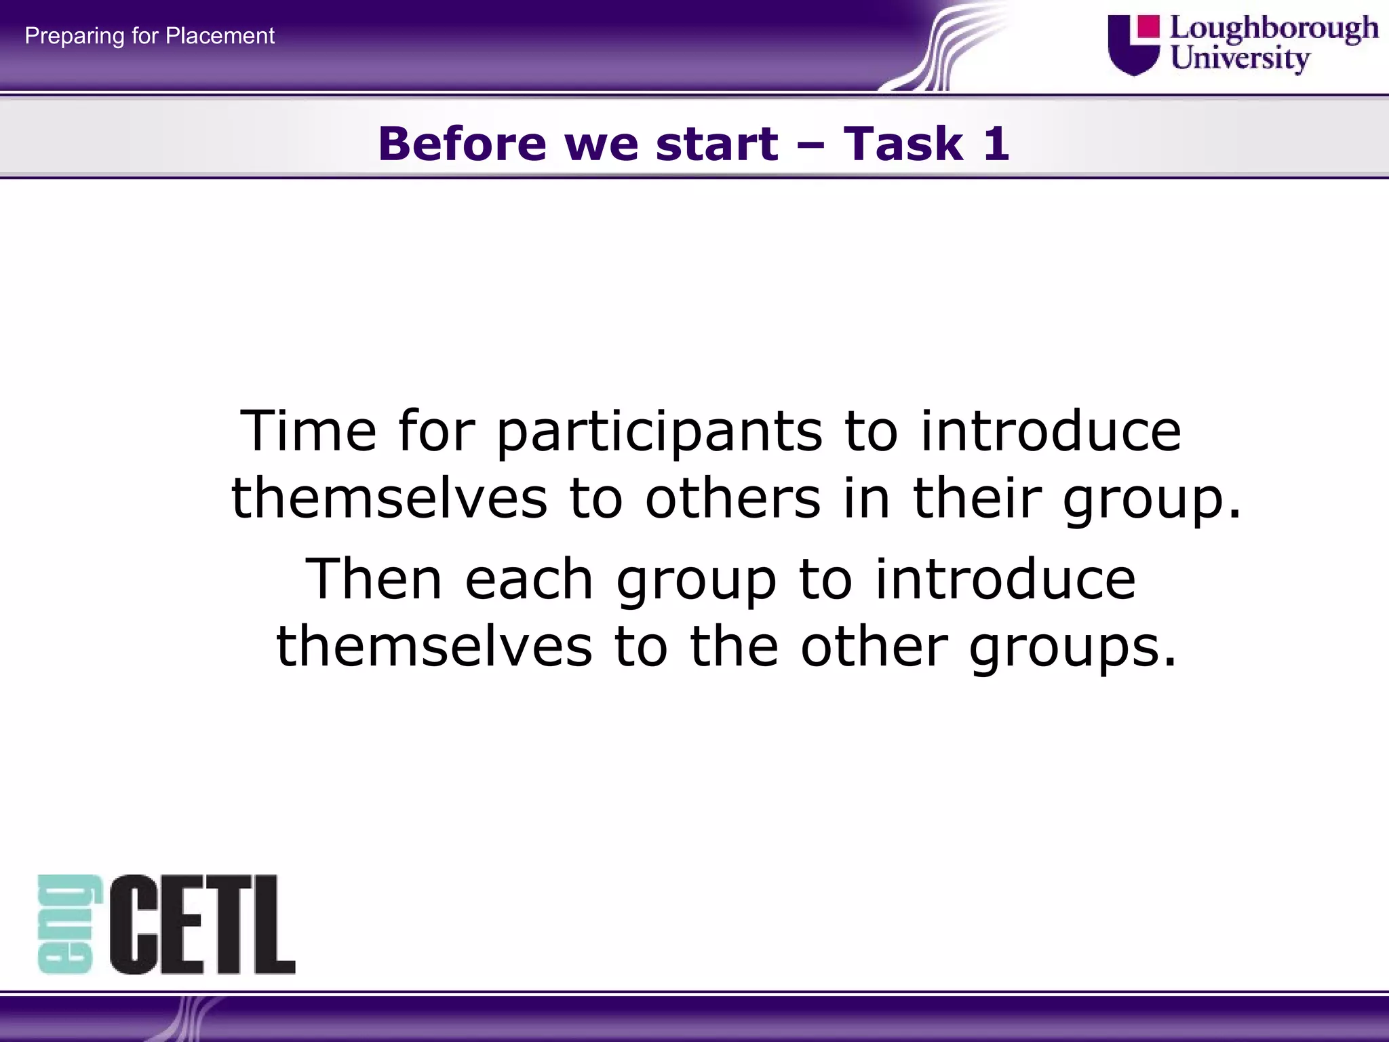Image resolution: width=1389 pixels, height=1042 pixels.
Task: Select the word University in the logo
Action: tap(1240, 58)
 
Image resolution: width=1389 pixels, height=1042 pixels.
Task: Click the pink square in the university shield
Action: tap(1148, 27)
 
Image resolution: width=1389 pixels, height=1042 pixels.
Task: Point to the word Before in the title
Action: tap(462, 144)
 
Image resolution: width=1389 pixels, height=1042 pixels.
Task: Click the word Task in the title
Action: tap(903, 144)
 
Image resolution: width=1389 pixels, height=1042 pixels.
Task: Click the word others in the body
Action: tap(732, 498)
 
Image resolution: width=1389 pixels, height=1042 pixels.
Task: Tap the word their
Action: tap(975, 498)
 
